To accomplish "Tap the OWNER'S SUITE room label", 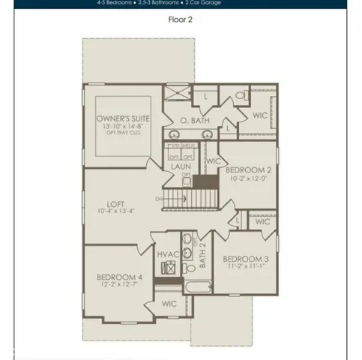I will [x=124, y=118].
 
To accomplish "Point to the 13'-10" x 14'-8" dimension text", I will [x=124, y=127].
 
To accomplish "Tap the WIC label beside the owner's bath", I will [x=260, y=115].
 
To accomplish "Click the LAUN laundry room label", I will [x=180, y=166].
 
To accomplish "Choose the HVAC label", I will [x=168, y=254].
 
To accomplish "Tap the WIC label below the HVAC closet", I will [x=169, y=303].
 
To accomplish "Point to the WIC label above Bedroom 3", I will [x=262, y=223].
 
